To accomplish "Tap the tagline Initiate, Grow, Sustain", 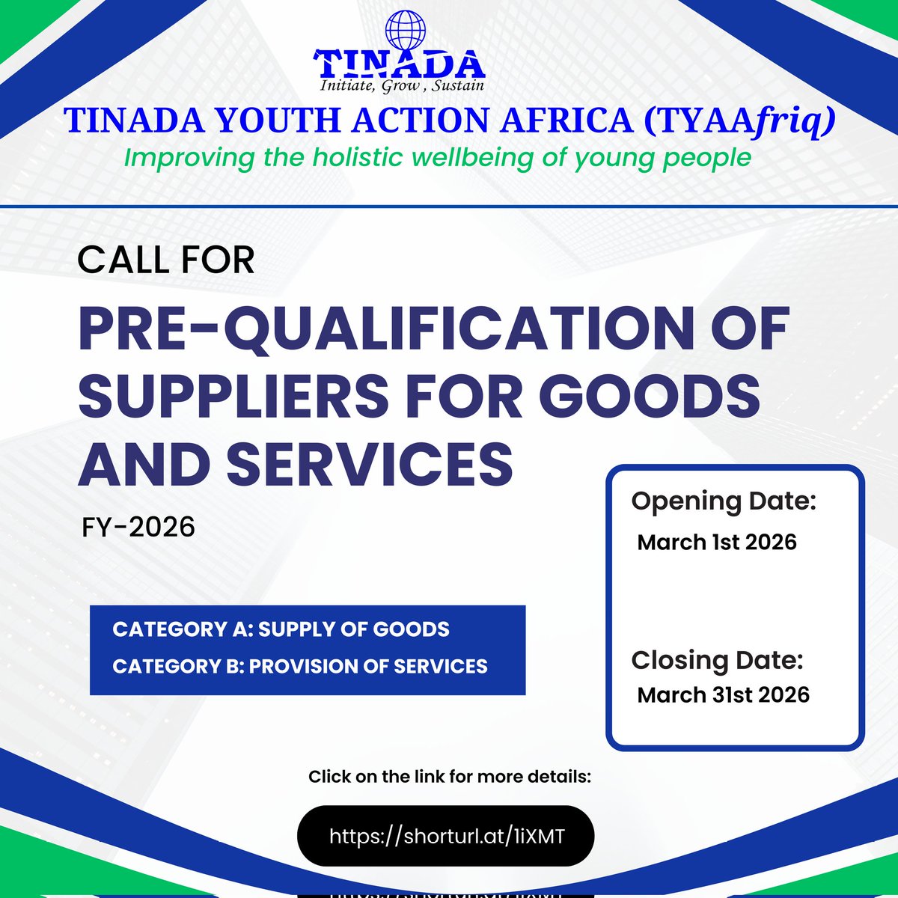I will [x=402, y=85].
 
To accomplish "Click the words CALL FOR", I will [x=165, y=260].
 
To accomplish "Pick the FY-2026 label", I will [x=138, y=527].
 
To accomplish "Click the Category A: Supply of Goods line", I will [x=281, y=629].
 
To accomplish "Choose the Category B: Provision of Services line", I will [x=299, y=666].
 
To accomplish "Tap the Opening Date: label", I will [x=723, y=501].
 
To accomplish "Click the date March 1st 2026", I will [x=717, y=542].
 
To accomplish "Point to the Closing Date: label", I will [x=717, y=660].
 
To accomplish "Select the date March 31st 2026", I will [x=723, y=694].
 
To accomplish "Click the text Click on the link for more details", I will [x=449, y=777].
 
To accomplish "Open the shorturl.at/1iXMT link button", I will [x=446, y=835].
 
